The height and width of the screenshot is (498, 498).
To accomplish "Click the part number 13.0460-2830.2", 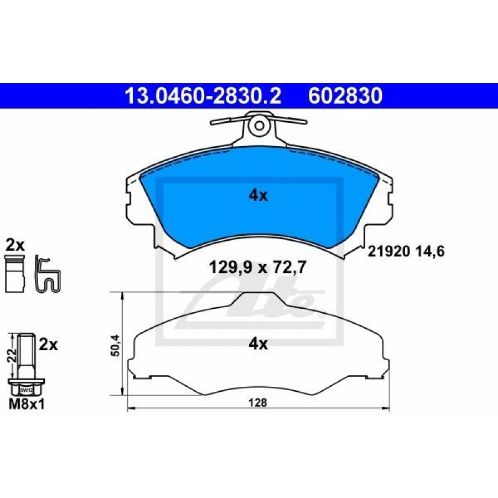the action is click(x=203, y=96).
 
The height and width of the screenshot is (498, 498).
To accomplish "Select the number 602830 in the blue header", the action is click(x=345, y=96).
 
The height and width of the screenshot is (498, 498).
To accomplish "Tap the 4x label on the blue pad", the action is click(x=258, y=195).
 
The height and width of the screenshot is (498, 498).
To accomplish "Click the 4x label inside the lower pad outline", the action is click(x=258, y=344).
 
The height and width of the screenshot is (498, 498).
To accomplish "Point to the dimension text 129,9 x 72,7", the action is click(x=257, y=267).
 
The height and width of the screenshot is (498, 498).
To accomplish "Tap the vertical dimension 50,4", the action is click(x=116, y=345).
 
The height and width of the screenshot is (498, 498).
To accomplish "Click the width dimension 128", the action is click(x=258, y=403).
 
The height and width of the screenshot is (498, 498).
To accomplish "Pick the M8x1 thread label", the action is click(x=27, y=404).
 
